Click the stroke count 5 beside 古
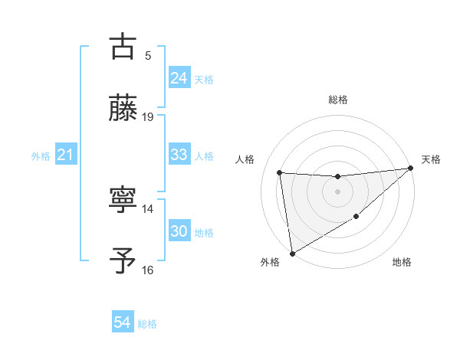click(x=148, y=55)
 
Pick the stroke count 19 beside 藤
click(x=148, y=116)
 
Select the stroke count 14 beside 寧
click(x=148, y=208)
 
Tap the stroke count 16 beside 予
click(x=148, y=270)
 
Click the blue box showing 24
click(x=179, y=78)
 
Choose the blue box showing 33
click(x=179, y=155)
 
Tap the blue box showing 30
click(x=179, y=231)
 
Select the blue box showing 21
click(x=65, y=155)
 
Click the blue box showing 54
click(x=122, y=323)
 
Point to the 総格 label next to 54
click(x=147, y=324)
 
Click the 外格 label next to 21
click(x=41, y=156)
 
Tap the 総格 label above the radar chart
click(x=337, y=100)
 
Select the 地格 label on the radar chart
click(x=402, y=263)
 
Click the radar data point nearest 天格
click(x=410, y=169)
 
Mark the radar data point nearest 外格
click(x=291, y=253)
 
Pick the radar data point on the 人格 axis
click(x=280, y=172)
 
